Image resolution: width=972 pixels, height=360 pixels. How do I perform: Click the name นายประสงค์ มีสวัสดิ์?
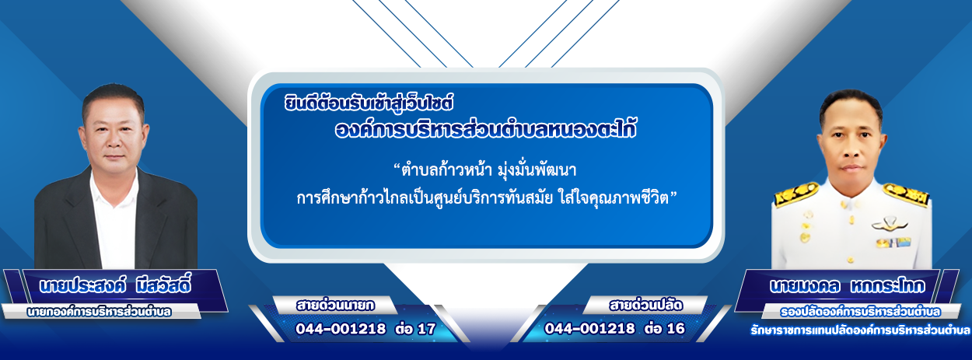115,286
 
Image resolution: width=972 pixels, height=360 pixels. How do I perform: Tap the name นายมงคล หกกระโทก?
848,286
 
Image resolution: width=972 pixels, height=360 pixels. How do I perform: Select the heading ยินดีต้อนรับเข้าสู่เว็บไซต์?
369,103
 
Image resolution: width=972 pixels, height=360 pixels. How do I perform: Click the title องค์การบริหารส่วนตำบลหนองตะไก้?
485,129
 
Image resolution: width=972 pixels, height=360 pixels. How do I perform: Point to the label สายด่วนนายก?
335,306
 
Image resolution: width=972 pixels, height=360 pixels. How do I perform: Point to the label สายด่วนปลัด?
645,306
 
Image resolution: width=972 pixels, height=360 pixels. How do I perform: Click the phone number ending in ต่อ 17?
365,329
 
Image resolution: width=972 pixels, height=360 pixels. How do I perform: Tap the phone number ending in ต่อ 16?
614,328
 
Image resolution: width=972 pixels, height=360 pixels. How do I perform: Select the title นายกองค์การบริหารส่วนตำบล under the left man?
99,312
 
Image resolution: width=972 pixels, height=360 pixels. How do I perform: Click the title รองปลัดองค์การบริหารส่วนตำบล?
860,312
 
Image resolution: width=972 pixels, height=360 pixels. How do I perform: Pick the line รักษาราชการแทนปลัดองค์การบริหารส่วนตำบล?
860,330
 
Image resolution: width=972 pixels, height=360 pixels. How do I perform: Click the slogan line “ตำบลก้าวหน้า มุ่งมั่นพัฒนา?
484,170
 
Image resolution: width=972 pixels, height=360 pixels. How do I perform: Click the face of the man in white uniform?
851,139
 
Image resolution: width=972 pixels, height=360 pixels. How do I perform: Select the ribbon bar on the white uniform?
893,243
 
